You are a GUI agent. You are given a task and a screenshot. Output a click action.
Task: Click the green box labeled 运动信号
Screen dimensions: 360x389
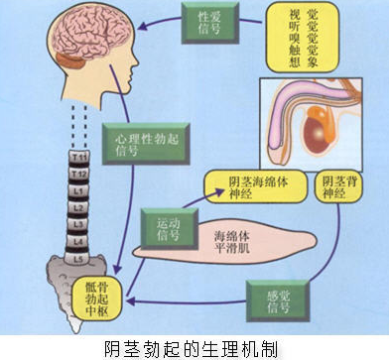pos(168,231)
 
